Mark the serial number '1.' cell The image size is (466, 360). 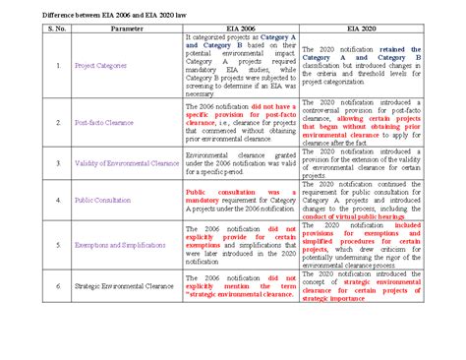click(58, 67)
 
